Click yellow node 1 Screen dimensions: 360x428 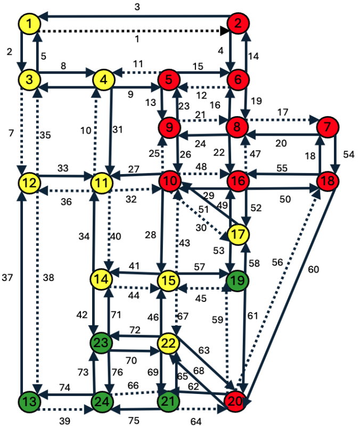(x=29, y=24)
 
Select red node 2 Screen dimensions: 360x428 (x=238, y=23)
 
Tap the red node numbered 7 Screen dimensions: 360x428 (x=328, y=127)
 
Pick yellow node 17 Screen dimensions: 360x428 (x=238, y=234)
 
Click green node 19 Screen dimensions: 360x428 (x=238, y=281)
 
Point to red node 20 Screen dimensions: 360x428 (x=235, y=401)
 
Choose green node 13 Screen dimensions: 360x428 (x=29, y=401)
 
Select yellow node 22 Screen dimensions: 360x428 (x=168, y=343)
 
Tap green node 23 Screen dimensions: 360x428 (x=101, y=342)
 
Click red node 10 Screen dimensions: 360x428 (x=170, y=180)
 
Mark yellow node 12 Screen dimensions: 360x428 (x=29, y=183)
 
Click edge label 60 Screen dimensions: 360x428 (x=313, y=269)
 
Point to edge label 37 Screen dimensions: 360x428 (x=7, y=277)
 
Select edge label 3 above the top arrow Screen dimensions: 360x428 (x=137, y=7)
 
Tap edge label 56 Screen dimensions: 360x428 (x=277, y=262)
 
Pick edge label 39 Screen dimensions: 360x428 (x=65, y=421)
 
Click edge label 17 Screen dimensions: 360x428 (x=283, y=112)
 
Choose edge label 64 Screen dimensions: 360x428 (x=196, y=422)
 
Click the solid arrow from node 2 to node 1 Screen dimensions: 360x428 (x=136, y=16)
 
